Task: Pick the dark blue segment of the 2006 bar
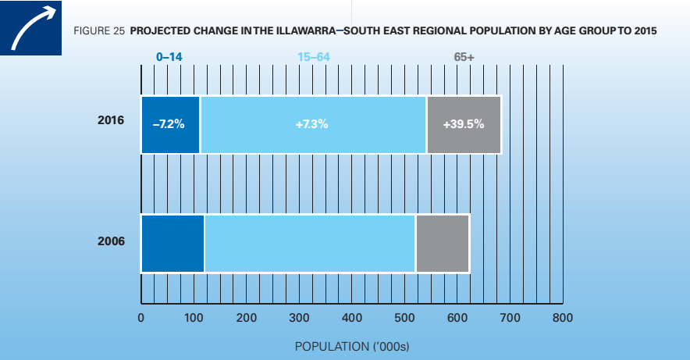[172, 243]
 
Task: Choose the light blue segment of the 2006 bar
[309, 243]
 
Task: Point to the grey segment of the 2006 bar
[443, 243]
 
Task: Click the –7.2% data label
[169, 124]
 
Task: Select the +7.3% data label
[312, 124]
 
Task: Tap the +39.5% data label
[464, 124]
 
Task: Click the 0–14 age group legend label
[169, 56]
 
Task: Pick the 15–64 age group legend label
[313, 56]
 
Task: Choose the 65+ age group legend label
[464, 56]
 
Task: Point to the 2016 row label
[111, 123]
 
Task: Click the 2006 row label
[111, 241]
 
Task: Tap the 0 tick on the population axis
[140, 318]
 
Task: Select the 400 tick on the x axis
[352, 318]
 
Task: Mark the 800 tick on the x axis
[563, 318]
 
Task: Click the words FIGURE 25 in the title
[99, 32]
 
